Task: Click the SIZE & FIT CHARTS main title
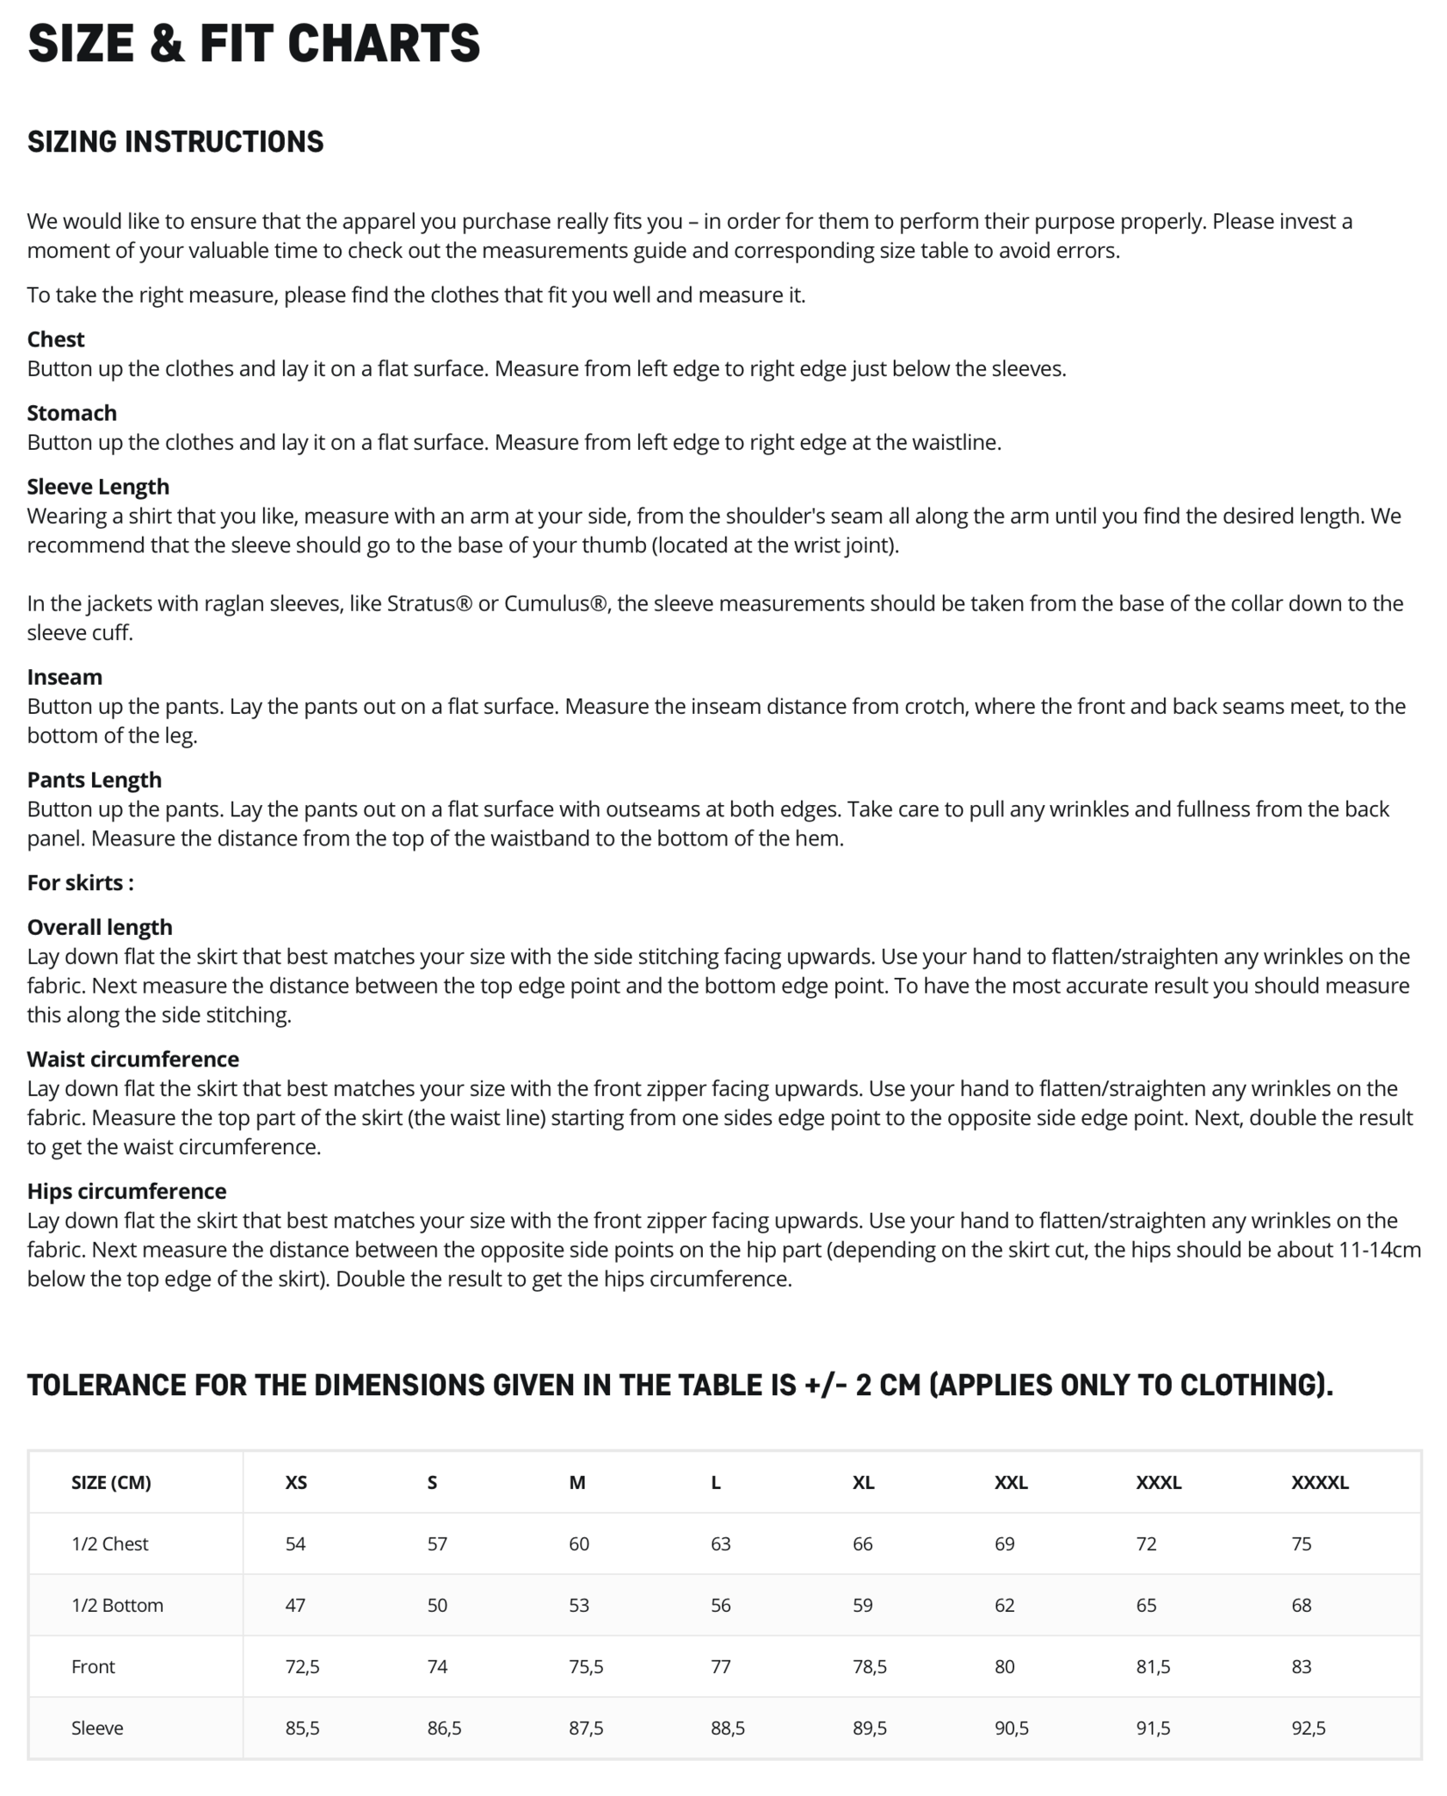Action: (253, 44)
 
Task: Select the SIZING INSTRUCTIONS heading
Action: (175, 142)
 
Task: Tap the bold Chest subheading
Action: (56, 339)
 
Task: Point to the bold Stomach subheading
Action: (72, 413)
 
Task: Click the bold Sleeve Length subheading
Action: (98, 487)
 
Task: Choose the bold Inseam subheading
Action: (65, 677)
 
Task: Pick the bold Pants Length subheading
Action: (95, 780)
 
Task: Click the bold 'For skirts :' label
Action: (81, 882)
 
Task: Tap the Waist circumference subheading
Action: (133, 1059)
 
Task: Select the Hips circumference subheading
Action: (127, 1191)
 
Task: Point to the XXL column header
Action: (1011, 1483)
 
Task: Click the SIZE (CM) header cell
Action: (111, 1483)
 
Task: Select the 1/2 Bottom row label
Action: (117, 1606)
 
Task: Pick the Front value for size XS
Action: (302, 1667)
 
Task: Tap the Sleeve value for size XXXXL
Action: (1309, 1728)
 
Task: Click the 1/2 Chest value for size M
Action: (578, 1544)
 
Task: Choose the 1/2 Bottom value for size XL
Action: (862, 1606)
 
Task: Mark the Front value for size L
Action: (720, 1667)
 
